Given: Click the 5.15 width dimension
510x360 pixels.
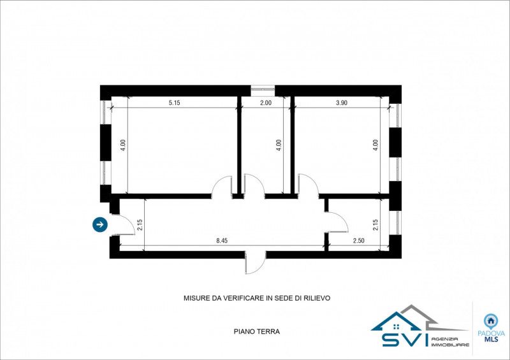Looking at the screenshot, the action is pos(174,103).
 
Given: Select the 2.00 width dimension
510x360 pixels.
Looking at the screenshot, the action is pos(266,103).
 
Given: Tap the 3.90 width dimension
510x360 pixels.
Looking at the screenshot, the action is pos(342,103).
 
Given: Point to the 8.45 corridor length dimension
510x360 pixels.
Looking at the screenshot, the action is pos(222,241).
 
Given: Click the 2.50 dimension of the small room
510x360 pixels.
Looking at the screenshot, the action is pos(358,241).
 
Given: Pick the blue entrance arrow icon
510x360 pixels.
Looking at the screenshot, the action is pos(100,224).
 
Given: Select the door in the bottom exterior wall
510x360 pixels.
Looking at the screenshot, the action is pos(256,263).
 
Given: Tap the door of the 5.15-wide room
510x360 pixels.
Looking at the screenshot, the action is pos(222,186).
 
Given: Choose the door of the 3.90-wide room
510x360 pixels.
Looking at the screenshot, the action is pos(309,185).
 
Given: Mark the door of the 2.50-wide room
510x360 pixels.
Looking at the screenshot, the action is pos(337,222).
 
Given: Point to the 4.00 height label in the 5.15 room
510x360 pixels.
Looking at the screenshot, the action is pos(122,145).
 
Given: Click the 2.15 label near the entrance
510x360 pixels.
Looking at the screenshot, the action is pos(140,225).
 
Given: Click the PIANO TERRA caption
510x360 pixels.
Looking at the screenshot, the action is pos(257,332).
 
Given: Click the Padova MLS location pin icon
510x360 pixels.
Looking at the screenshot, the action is pos(491,321).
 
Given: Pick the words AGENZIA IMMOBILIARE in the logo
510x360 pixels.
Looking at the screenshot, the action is pos(450,342).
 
